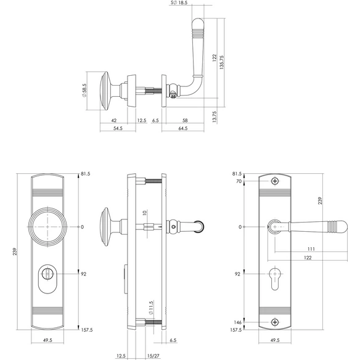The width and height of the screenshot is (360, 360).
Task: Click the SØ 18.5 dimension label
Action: pyautogui.click(x=179, y=2)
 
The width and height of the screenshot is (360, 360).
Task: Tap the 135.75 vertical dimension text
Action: pyautogui.click(x=222, y=62)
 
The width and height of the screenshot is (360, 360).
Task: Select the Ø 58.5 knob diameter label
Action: pyautogui.click(x=84, y=91)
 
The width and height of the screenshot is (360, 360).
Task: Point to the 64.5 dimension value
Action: pyautogui.click(x=183, y=128)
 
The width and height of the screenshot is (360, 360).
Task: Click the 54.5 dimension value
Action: pyautogui.click(x=118, y=128)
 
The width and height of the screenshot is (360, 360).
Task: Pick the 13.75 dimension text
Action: pyautogui.click(x=215, y=117)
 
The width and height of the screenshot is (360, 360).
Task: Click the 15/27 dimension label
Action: pyautogui.click(x=153, y=356)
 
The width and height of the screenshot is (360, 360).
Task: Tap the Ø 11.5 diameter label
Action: pyautogui.click(x=150, y=308)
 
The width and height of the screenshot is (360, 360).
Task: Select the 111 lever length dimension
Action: pyautogui.click(x=311, y=249)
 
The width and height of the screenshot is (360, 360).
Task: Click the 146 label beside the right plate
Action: pyautogui.click(x=237, y=322)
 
